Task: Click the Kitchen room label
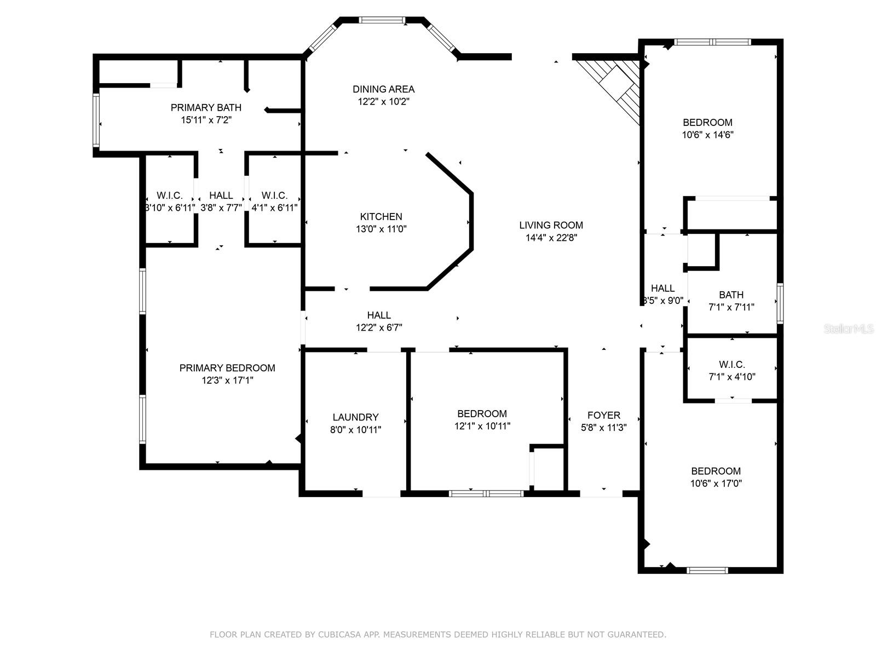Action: tap(381, 217)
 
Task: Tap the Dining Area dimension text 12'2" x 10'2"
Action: tap(383, 102)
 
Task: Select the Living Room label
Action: tap(551, 225)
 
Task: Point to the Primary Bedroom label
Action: tap(227, 368)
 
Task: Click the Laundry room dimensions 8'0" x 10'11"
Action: tap(355, 430)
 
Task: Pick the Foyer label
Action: tap(603, 416)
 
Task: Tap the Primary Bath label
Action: tap(206, 108)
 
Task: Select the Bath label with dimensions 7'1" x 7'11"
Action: tap(731, 295)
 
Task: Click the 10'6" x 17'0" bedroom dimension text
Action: tap(716, 483)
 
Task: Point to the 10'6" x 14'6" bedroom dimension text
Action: tap(707, 135)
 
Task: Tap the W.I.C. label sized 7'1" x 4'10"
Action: tap(731, 365)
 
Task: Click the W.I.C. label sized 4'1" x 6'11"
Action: tap(274, 195)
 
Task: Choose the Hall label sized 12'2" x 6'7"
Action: tap(379, 315)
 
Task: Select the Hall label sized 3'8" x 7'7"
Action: tap(221, 195)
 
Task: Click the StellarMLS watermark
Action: tap(849, 329)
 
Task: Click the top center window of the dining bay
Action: tap(382, 20)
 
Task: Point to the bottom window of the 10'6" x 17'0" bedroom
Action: tap(707, 570)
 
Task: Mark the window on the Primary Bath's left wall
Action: tap(96, 120)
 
